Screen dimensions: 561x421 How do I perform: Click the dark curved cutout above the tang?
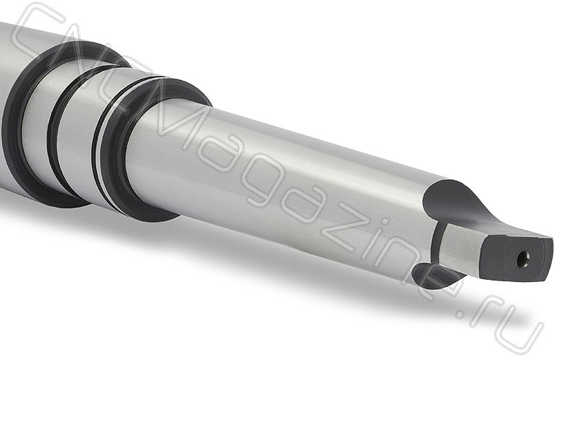[454, 204]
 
